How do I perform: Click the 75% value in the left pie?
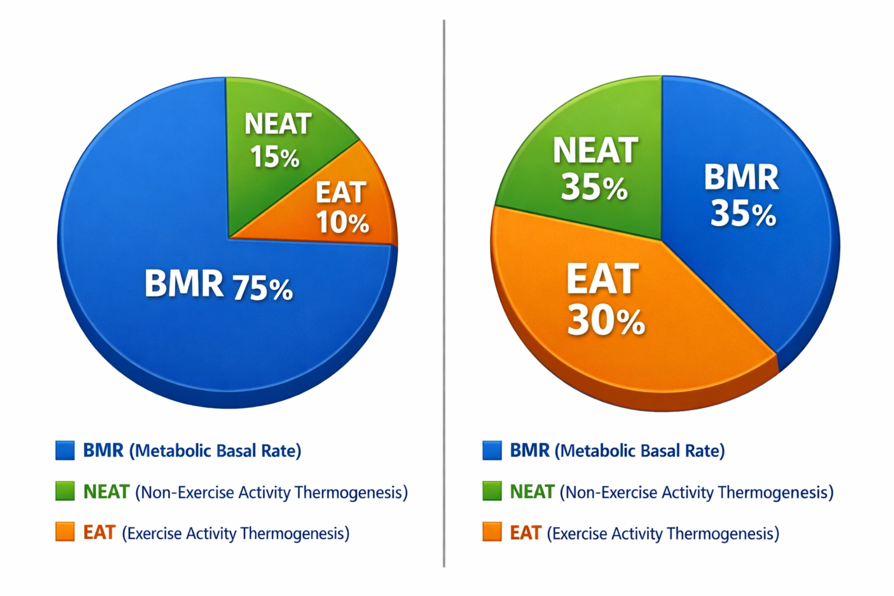pyautogui.click(x=263, y=289)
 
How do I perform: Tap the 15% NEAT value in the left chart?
pyautogui.click(x=275, y=157)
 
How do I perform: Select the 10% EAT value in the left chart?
pyautogui.click(x=343, y=222)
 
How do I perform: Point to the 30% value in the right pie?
pyautogui.click(x=606, y=321)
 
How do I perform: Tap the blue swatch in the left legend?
pyautogui.click(x=65, y=450)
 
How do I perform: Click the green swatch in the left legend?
pyautogui.click(x=65, y=491)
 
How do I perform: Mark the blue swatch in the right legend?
pyautogui.click(x=492, y=450)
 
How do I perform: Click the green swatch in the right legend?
pyautogui.click(x=492, y=491)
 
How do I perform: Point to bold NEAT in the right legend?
pyautogui.click(x=532, y=492)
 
